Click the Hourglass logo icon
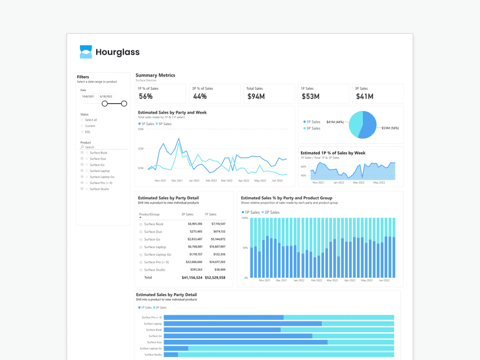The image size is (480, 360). point(86,52)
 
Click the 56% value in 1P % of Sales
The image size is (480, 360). point(146,97)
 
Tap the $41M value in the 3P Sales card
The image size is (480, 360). point(364,97)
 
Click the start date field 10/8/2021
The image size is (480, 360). point(88,97)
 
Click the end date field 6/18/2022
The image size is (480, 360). point(106,97)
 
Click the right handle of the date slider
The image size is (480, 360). point(124,104)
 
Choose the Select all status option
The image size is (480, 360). point(90,120)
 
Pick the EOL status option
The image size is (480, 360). point(88,132)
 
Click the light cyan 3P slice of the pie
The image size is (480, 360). point(355,123)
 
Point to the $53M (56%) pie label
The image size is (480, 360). point(390,128)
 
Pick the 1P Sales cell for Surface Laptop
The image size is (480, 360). point(216,247)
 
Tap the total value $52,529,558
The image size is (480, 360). point(215,278)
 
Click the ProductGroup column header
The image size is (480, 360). point(149,214)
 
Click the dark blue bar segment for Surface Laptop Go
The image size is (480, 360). point(176,348)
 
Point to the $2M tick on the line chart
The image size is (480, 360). point(141,149)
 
